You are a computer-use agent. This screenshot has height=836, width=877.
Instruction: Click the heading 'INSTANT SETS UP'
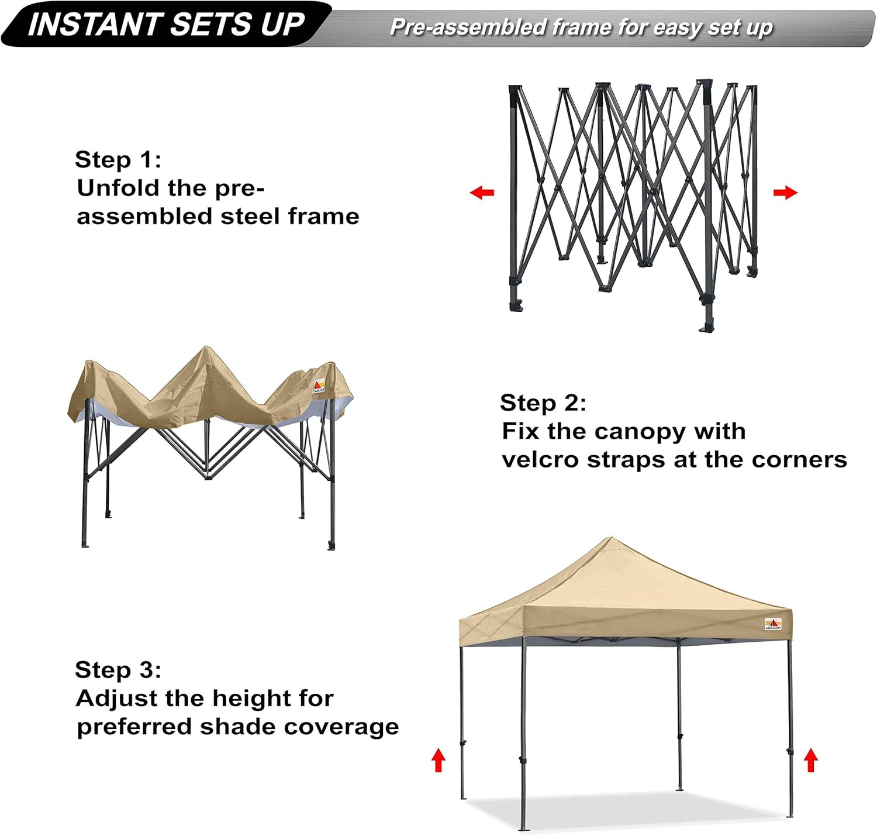point(166,25)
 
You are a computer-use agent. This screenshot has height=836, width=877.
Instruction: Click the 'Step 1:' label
point(118,160)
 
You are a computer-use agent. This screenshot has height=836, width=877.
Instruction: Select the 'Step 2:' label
point(543,403)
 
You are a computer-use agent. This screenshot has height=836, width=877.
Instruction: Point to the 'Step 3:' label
point(118,670)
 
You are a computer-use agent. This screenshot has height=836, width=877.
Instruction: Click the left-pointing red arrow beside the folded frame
point(482,192)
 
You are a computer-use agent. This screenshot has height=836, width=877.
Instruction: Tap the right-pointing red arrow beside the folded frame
point(785,192)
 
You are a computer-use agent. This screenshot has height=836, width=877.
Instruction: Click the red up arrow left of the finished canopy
point(438,761)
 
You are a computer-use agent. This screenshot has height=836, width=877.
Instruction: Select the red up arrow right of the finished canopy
point(810,761)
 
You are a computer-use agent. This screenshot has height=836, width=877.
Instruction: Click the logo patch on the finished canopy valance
point(772,624)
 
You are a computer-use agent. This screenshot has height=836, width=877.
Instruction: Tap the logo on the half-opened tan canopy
point(319,386)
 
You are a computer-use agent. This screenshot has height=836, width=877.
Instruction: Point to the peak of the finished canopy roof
point(610,539)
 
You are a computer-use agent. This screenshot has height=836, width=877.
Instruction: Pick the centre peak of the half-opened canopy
point(205,349)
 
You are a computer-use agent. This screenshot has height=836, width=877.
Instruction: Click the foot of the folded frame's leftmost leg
point(516,305)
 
